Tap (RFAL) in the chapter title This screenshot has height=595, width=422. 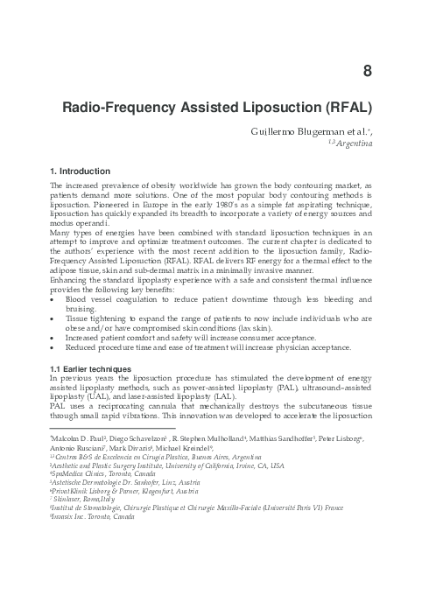tap(343, 109)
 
